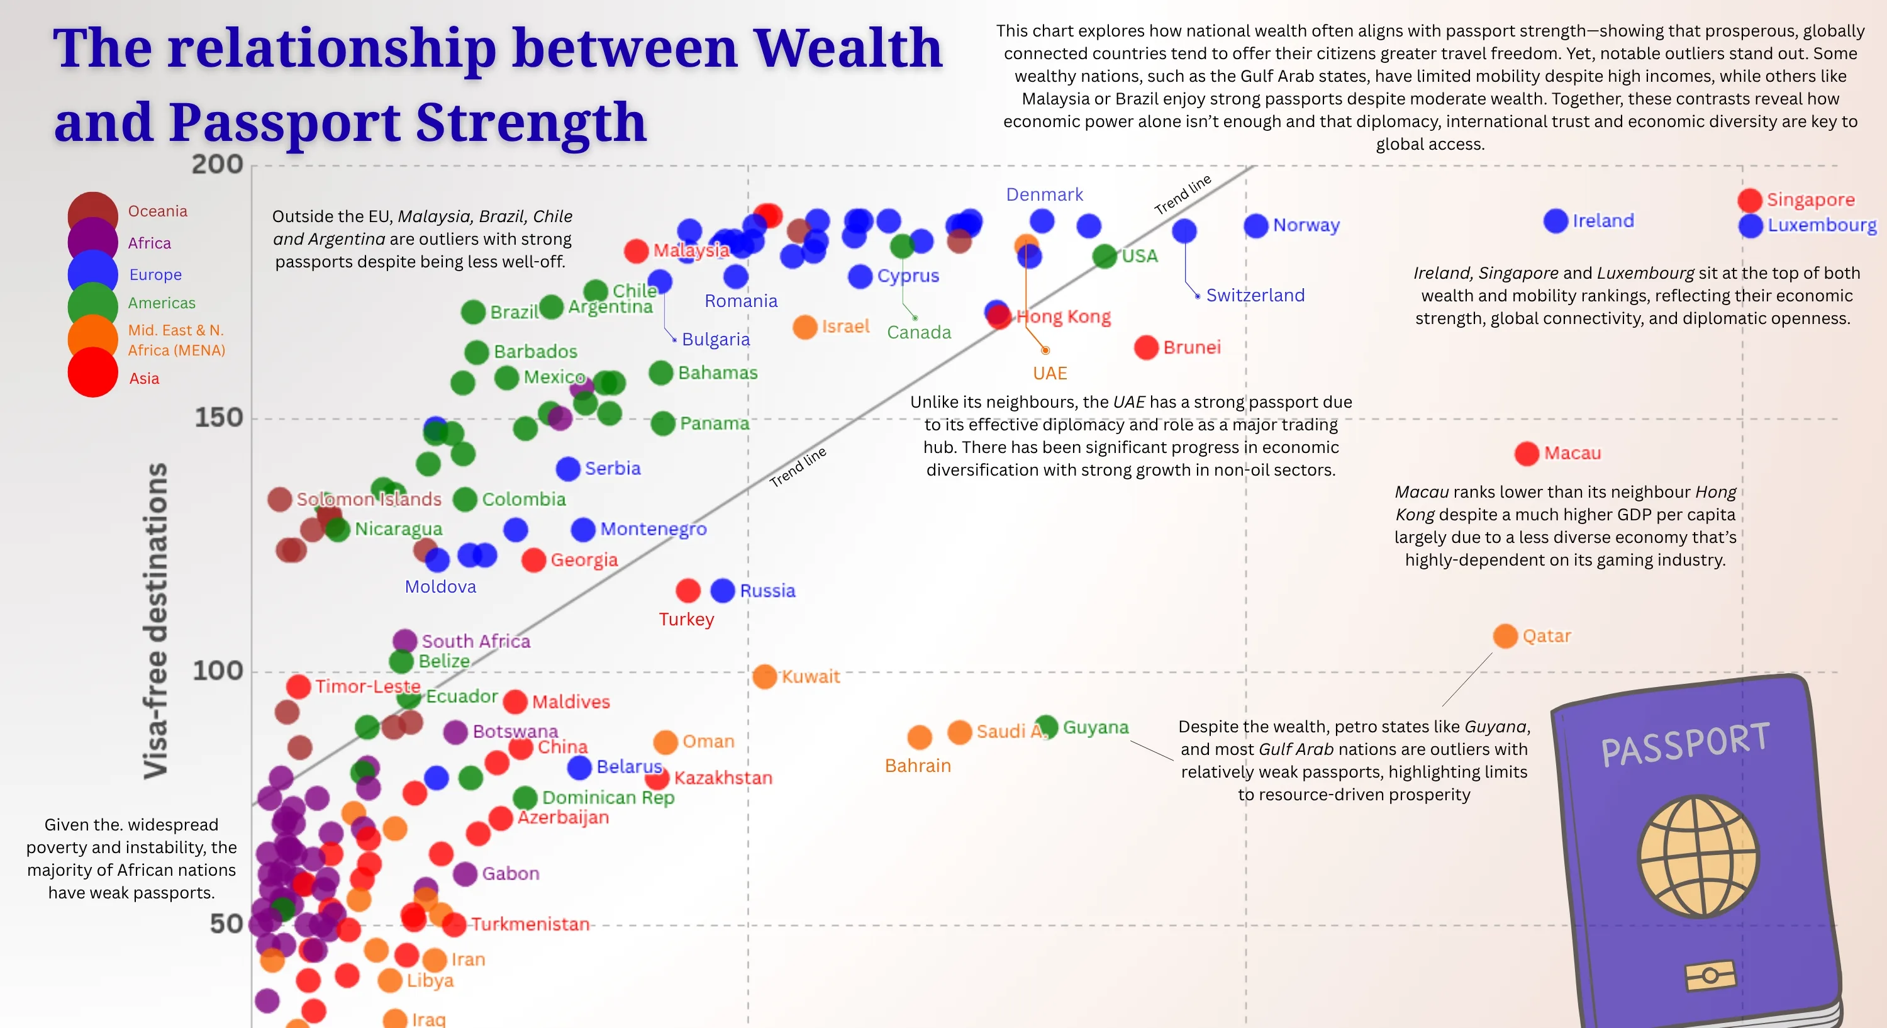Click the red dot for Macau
pyautogui.click(x=1527, y=454)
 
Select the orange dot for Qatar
pyautogui.click(x=1505, y=636)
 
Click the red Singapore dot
pyautogui.click(x=1749, y=199)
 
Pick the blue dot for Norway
pyautogui.click(x=1255, y=225)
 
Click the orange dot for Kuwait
pyautogui.click(x=764, y=676)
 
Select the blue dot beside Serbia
pyautogui.click(x=568, y=468)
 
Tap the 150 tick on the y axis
pyautogui.click(x=218, y=418)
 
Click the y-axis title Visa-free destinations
pyautogui.click(x=155, y=620)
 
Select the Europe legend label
pyautogui.click(x=155, y=275)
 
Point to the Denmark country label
pyautogui.click(x=1044, y=194)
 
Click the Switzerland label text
pyautogui.click(x=1255, y=295)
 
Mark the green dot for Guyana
pyautogui.click(x=1046, y=727)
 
